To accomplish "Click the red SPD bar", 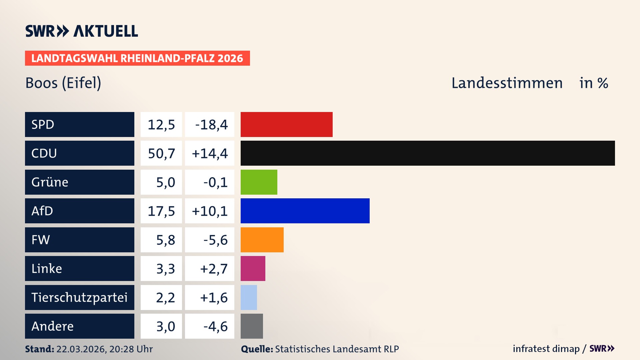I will point(286,124).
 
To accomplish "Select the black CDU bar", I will point(427,153).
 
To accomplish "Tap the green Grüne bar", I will point(259,182).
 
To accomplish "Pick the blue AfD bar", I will point(305,211).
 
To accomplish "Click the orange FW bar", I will point(262,240).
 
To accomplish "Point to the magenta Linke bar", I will point(253,268).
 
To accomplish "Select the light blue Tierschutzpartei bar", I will point(249,297).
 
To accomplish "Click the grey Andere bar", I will point(252,326).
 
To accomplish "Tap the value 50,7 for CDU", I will point(161,153).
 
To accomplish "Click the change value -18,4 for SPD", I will point(211,125).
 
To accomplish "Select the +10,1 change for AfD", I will point(210,211).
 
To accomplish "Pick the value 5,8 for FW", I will point(165,240).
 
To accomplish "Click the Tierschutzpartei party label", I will point(79,297).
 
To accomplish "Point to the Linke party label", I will point(47,268).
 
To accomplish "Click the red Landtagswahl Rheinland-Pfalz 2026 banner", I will point(137,58).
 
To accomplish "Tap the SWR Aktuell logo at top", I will point(82,31).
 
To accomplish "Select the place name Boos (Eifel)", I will point(63,83).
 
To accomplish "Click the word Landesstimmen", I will point(507,83).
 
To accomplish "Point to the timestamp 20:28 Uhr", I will point(131,349).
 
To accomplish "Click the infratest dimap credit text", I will point(546,349).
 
